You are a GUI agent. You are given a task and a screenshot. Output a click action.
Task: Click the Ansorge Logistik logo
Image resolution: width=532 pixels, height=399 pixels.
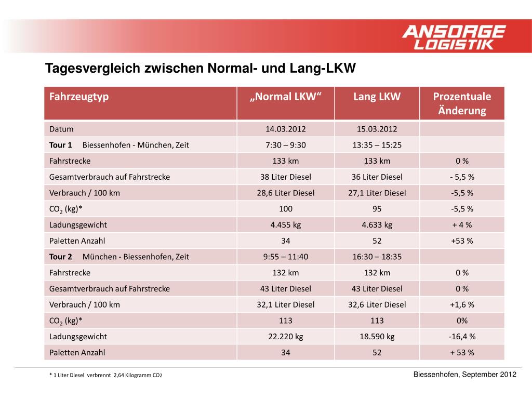[454, 37]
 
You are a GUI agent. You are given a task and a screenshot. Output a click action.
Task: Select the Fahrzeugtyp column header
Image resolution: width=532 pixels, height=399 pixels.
[79, 97]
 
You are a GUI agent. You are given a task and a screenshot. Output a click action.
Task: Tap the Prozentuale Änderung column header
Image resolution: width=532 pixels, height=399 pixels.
[462, 103]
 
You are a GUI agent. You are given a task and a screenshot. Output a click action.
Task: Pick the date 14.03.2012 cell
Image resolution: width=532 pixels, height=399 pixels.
[286, 129]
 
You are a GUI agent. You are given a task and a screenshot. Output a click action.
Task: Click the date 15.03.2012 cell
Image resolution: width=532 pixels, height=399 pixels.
[377, 129]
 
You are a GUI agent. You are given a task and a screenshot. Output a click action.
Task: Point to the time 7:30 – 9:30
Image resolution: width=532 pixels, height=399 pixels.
[286, 145]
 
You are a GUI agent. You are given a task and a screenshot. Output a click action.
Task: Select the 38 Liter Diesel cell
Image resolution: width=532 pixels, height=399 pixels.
[286, 177]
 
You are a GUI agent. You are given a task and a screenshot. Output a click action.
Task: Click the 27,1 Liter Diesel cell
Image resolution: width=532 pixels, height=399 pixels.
[377, 193]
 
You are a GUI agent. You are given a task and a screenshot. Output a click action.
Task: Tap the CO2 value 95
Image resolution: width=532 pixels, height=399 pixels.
[377, 209]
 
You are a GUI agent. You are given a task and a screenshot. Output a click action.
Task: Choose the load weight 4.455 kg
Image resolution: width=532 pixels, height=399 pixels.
[286, 225]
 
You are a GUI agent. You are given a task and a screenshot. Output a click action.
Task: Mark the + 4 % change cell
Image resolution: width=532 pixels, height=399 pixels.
[462, 225]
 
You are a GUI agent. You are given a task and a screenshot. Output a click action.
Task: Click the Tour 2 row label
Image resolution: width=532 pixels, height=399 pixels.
[61, 257]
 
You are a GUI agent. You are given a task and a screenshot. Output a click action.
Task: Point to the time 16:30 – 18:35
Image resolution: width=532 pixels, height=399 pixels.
[377, 257]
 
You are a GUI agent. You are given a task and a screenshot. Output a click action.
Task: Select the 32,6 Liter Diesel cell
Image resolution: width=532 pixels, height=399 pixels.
[377, 304]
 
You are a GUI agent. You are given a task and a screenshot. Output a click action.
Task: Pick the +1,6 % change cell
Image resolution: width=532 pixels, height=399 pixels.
[462, 304]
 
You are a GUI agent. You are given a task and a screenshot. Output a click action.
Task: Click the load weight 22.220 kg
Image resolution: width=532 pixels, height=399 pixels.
[286, 336]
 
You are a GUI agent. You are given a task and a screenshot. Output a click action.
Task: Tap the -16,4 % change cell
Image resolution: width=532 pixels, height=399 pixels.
[462, 336]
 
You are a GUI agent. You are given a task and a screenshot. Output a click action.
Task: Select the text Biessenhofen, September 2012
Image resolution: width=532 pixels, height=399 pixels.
[464, 375]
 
